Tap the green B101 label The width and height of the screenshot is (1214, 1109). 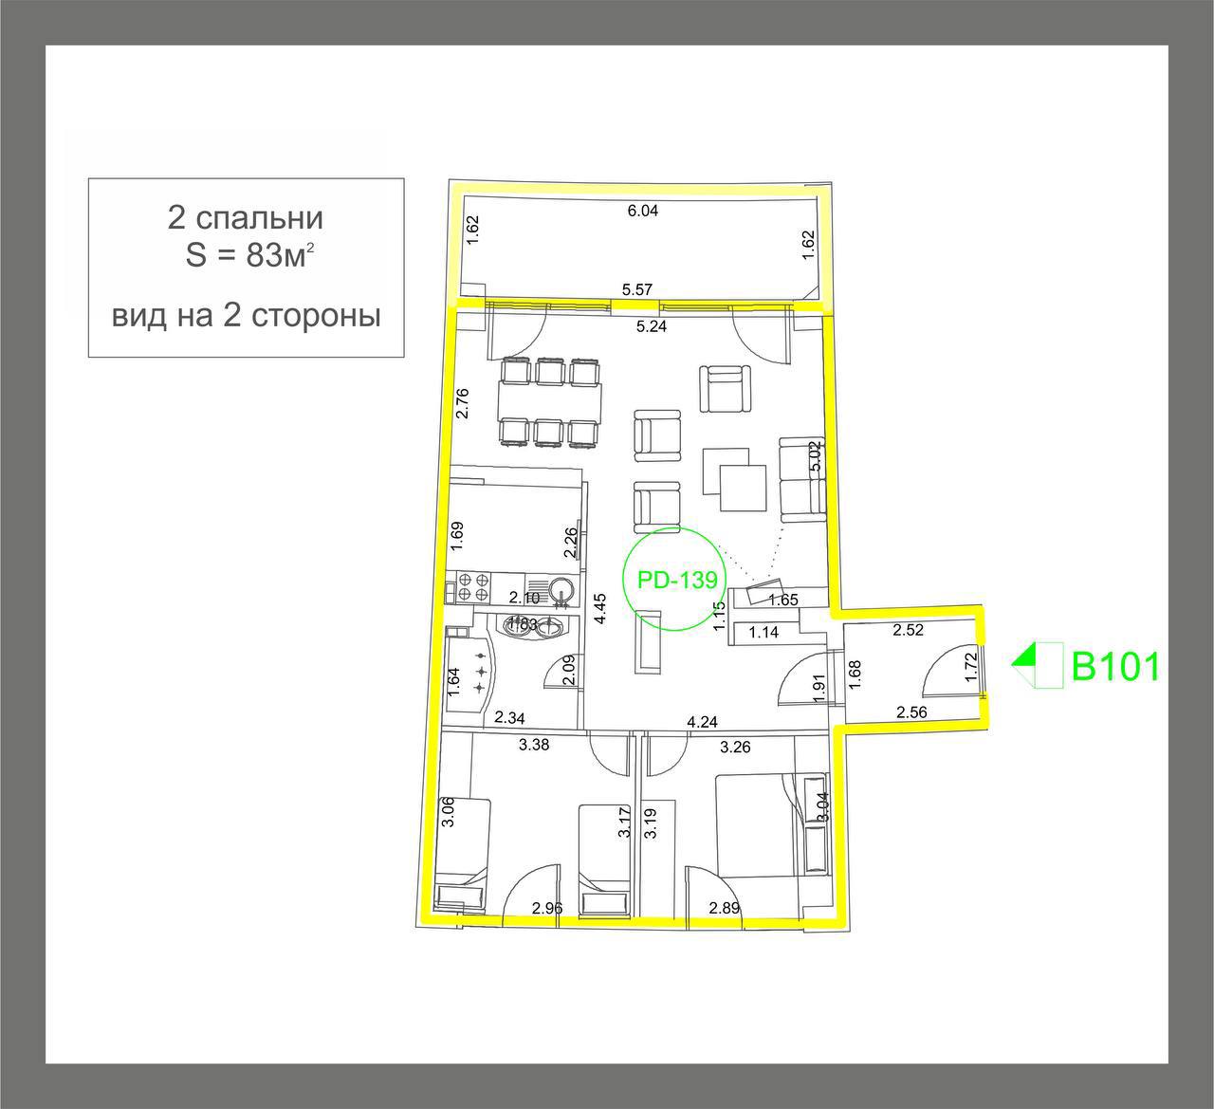1115,667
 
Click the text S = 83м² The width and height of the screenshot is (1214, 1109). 246,257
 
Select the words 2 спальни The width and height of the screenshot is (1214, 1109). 246,218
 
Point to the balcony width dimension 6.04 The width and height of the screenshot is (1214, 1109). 642,212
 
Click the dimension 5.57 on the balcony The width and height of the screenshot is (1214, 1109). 638,289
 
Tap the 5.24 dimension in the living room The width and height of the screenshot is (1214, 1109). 652,327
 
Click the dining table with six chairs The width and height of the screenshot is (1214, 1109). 549,402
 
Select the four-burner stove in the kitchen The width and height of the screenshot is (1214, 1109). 473,586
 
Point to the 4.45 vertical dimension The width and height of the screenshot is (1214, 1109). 598,607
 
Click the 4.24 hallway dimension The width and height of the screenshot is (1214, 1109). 702,722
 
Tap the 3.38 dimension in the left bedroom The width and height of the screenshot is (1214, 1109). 534,746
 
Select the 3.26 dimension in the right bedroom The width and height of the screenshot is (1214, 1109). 735,747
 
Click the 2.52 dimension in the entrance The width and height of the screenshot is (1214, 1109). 908,629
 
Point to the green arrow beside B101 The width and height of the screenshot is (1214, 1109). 1024,657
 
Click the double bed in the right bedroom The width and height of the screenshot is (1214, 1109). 754,825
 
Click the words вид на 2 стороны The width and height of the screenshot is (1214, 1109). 246,316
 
